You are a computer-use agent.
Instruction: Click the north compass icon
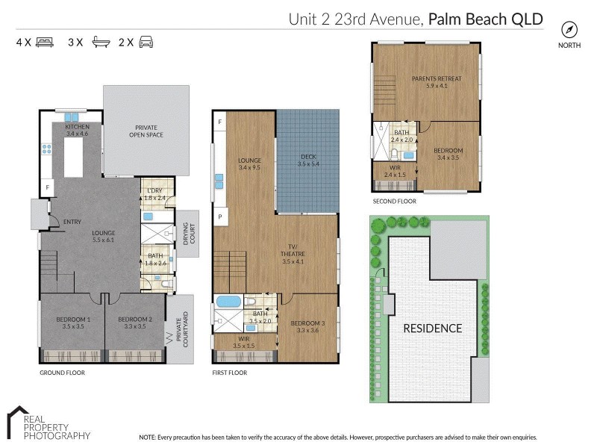pos(569,30)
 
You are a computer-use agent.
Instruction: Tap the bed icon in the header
pos(45,43)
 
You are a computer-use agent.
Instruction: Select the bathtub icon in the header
pos(101,43)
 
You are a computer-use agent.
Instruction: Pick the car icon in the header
pos(146,43)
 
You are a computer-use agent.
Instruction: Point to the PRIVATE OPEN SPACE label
pos(146,131)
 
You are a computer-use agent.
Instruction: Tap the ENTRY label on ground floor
pos(72,222)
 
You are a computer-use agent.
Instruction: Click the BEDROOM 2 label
pos(135,323)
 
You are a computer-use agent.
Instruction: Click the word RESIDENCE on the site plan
pos(433,328)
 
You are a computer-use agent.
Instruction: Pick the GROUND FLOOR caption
pos(62,372)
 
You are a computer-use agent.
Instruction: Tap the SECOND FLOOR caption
pos(394,202)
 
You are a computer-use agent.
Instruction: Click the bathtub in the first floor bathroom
pos(228,302)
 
